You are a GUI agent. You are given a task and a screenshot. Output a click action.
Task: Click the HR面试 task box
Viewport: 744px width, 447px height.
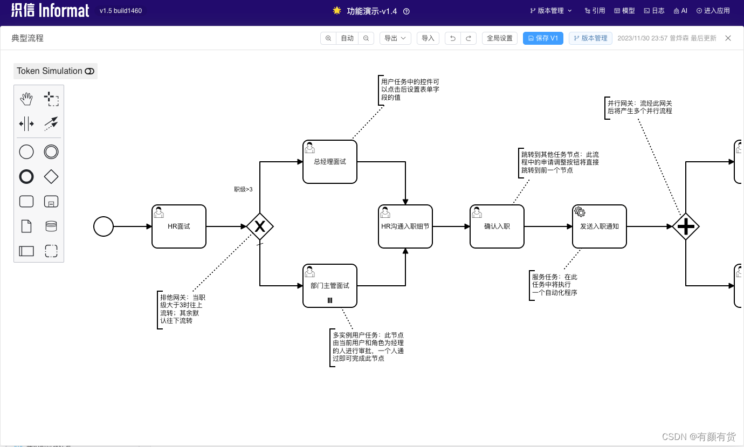pyautogui.click(x=179, y=226)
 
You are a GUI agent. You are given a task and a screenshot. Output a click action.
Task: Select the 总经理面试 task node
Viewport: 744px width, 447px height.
pyautogui.click(x=330, y=162)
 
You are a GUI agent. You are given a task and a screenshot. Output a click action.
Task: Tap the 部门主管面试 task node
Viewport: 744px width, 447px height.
pyautogui.click(x=330, y=286)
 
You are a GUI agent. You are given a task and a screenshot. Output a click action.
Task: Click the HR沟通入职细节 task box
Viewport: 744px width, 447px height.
pyautogui.click(x=405, y=226)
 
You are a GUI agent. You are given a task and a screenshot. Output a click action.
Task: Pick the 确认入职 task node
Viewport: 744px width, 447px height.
pyautogui.click(x=497, y=226)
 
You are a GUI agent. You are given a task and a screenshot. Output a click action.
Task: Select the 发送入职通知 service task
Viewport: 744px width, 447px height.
pyautogui.click(x=600, y=226)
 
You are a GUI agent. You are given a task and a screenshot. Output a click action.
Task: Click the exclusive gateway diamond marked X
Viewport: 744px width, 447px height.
pyautogui.click(x=260, y=226)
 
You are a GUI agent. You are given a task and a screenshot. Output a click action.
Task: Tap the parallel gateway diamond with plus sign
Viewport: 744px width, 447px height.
pyautogui.click(x=686, y=226)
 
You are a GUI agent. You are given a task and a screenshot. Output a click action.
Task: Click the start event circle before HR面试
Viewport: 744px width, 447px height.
pyautogui.click(x=104, y=226)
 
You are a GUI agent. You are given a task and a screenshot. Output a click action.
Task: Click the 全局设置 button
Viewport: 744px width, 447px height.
pyautogui.click(x=500, y=38)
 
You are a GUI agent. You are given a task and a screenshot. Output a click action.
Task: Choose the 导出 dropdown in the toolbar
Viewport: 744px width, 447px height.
pyautogui.click(x=395, y=38)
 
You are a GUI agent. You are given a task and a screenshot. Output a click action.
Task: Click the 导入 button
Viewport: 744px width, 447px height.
pyautogui.click(x=428, y=38)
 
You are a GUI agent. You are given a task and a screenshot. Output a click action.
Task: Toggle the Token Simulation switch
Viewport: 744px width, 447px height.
pyautogui.click(x=89, y=71)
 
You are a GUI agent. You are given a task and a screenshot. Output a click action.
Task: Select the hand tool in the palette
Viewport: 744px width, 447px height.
pyautogui.click(x=26, y=99)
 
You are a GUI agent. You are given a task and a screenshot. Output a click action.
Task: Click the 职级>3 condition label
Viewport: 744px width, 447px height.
pyautogui.click(x=243, y=189)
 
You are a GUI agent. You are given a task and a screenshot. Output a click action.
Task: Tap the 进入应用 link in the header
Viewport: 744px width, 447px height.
pyautogui.click(x=713, y=11)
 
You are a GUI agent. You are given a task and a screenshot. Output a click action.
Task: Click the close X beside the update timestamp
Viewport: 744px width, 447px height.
pyautogui.click(x=728, y=38)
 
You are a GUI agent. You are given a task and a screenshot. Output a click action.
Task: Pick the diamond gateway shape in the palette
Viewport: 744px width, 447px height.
pyautogui.click(x=51, y=176)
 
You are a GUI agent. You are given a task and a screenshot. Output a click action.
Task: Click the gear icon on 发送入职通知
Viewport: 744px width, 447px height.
pyautogui.click(x=580, y=212)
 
